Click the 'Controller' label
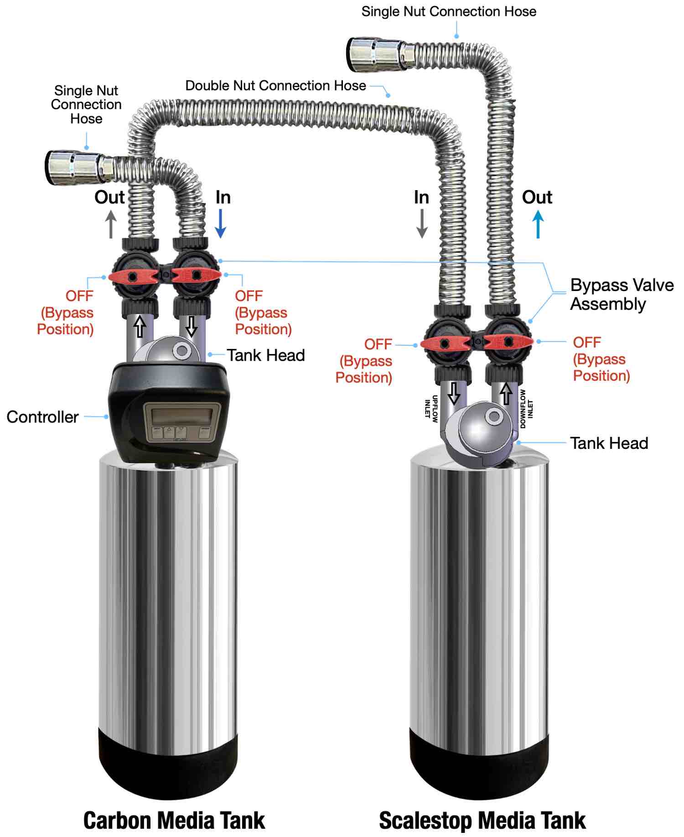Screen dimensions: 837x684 (42, 417)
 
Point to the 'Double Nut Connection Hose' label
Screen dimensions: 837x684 (275, 86)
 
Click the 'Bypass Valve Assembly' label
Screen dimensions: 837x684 (622, 294)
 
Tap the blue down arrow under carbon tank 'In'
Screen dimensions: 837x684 (220, 224)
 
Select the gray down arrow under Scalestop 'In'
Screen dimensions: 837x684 (422, 224)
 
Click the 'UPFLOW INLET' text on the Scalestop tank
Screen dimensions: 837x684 (431, 408)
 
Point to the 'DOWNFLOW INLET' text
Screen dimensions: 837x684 (526, 409)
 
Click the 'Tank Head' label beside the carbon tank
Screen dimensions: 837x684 (266, 355)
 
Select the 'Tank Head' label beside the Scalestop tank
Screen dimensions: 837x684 (609, 443)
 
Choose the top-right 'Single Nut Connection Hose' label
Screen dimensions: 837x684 (449, 12)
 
